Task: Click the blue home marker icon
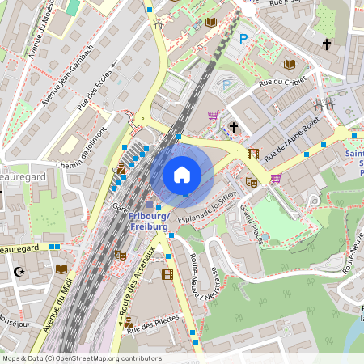point(182,174)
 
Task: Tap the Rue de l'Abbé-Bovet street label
point(292,136)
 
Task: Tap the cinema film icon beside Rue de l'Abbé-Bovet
point(254,154)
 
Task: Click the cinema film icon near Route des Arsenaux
point(167,274)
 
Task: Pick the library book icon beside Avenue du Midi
point(61,269)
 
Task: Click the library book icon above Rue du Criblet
point(290,64)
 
